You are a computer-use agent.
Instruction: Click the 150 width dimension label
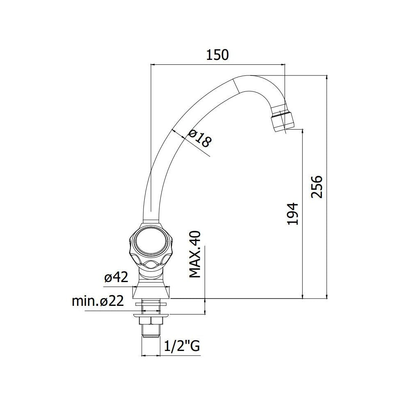217,55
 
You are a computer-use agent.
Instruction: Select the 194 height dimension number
293,213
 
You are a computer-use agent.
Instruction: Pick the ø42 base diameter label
116,278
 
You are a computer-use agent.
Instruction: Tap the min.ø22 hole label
98,301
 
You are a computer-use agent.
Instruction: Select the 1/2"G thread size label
182,347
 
